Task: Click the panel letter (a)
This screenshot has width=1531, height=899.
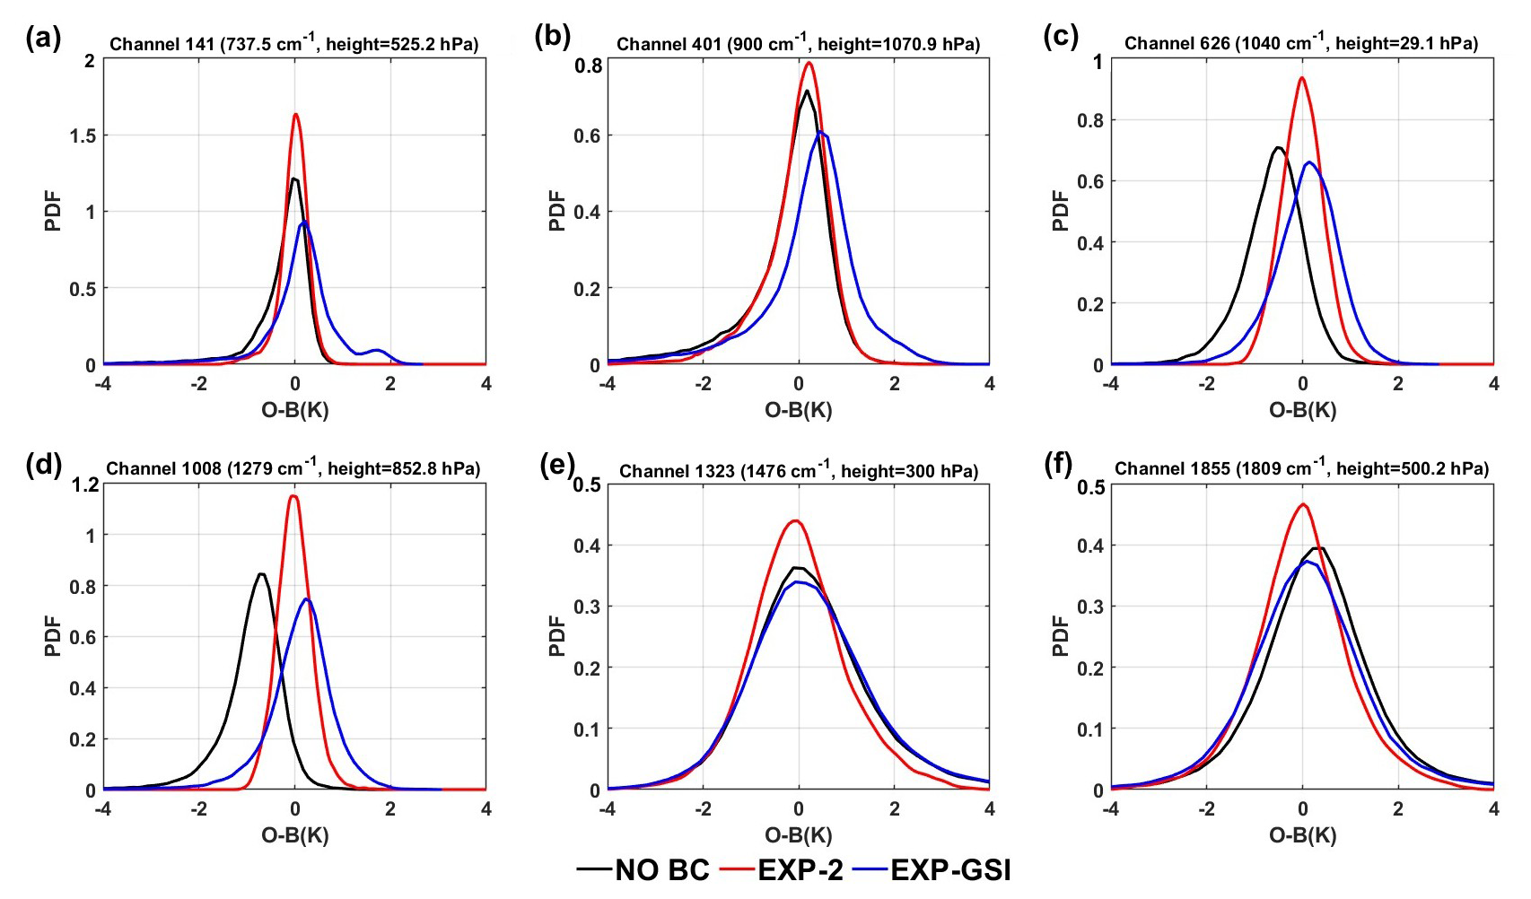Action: point(43,38)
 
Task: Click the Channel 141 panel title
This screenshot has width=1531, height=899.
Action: point(294,43)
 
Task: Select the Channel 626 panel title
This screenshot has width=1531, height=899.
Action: point(1301,43)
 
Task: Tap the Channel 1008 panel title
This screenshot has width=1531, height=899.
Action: point(293,468)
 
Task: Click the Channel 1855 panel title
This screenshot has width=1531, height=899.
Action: point(1301,468)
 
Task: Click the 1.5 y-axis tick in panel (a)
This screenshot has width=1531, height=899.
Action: point(83,135)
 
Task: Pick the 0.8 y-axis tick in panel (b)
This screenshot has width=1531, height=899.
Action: point(588,65)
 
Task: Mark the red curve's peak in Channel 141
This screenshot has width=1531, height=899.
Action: point(295,114)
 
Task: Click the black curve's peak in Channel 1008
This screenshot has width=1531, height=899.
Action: point(261,574)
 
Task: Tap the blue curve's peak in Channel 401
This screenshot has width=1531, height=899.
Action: point(820,133)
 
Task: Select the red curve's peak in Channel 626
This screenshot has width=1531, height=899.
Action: point(1301,78)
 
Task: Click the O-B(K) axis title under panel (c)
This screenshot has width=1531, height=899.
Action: point(1302,411)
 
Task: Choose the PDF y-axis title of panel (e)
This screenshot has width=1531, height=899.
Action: point(557,635)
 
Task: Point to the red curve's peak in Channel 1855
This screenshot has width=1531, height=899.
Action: point(1303,504)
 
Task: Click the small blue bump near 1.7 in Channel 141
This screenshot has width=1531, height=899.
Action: point(377,350)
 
